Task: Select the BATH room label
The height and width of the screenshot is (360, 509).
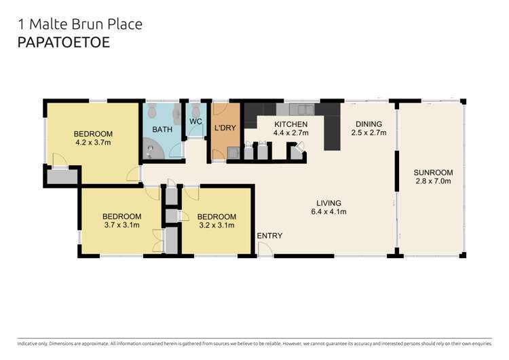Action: point(162,129)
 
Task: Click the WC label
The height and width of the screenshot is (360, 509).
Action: point(195,122)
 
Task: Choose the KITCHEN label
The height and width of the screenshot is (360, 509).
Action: point(290,124)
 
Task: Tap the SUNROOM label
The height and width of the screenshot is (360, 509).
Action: point(433,173)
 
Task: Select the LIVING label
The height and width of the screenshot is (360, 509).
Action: point(328,203)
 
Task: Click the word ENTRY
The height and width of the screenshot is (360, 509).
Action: point(269,236)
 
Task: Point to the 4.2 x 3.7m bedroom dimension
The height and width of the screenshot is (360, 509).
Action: point(93,143)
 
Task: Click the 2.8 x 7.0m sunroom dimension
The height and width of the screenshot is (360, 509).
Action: point(433,181)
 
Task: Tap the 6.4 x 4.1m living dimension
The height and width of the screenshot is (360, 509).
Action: point(328,212)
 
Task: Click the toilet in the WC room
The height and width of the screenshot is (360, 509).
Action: point(195,110)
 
